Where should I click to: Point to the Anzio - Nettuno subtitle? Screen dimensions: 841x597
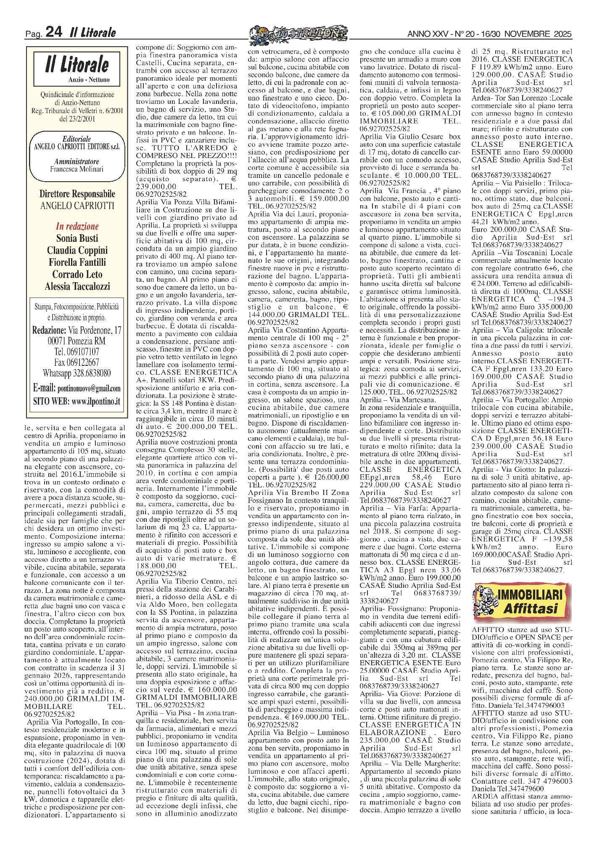pos(89,79)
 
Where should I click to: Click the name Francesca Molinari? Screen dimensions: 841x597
pos(77,169)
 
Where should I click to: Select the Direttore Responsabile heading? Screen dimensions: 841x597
pos(77,194)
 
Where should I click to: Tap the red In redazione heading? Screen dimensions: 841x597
pos(77,226)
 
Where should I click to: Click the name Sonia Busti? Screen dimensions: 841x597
pos(77,238)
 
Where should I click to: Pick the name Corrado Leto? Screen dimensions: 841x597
pos(77,274)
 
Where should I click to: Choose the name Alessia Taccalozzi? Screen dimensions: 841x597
pos(77,286)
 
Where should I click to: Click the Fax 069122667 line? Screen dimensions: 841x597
pos(77,362)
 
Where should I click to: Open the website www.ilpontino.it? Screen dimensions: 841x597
pos(96,402)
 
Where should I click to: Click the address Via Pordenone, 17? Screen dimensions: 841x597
pos(95,330)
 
